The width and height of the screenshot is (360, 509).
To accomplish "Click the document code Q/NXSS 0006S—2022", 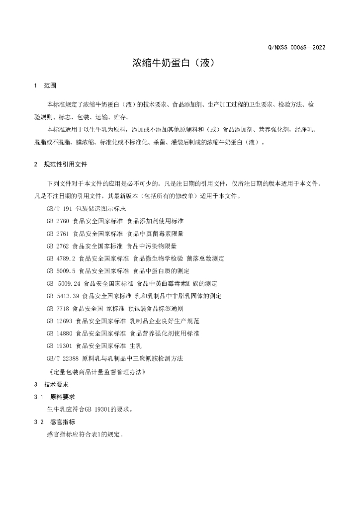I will pos(296,48).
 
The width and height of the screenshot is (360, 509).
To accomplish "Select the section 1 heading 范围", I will pos(50,85).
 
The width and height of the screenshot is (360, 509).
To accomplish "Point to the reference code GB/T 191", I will pos(59,209).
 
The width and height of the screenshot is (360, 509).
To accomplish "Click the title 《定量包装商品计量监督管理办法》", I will pos(97,371).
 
